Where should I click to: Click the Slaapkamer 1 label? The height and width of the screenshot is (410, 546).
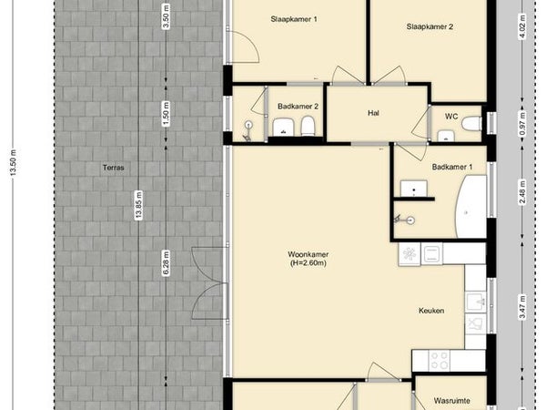tap(294, 19)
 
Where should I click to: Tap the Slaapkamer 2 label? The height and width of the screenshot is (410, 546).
tap(430, 26)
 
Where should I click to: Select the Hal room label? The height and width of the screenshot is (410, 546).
tap(373, 113)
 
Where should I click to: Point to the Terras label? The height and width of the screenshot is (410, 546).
tap(114, 168)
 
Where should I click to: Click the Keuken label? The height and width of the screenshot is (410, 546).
tap(431, 311)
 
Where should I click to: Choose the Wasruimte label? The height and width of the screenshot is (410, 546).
tap(452, 401)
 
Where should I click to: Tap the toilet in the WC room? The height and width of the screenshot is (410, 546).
tap(471, 123)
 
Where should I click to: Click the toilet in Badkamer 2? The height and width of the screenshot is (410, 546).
tap(308, 127)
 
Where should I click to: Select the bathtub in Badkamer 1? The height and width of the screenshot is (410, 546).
tap(470, 207)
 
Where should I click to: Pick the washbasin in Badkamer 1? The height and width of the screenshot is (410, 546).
tap(414, 189)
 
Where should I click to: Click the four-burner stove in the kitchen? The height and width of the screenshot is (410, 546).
tap(440, 361)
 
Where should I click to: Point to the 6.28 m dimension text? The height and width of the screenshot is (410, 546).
tap(167, 263)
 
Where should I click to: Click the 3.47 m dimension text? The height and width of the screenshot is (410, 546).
tap(522, 307)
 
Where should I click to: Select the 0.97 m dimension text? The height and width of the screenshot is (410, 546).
tap(522, 123)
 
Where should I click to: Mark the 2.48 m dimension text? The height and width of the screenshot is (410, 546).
tap(522, 192)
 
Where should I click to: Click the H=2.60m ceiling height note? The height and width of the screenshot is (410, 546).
tap(308, 263)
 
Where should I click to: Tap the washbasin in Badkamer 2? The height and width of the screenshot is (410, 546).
tap(284, 127)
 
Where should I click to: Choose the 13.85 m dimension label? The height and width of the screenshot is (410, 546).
tap(139, 205)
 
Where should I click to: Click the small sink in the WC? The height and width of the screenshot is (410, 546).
tap(446, 136)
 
